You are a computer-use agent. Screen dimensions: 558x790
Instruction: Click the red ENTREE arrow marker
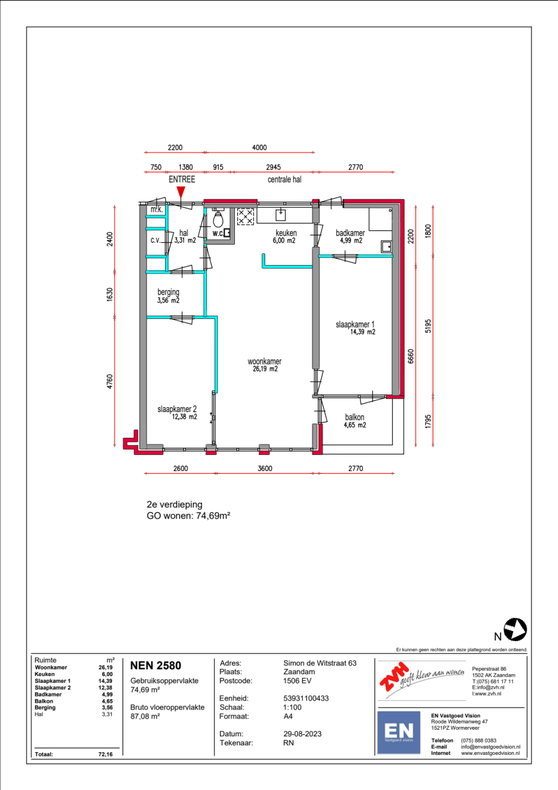(181, 192)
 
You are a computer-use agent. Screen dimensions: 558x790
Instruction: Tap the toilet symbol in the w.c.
(218, 219)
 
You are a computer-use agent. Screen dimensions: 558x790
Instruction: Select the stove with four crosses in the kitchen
(246, 217)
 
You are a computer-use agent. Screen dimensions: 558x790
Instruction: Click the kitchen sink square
(281, 215)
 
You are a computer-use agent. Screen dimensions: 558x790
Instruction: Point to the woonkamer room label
(264, 361)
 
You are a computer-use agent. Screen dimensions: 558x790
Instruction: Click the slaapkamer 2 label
(177, 409)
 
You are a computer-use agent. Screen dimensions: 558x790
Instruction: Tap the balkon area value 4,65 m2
(355, 425)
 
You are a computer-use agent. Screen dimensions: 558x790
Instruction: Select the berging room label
(168, 292)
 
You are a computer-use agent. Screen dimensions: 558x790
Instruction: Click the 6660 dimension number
(411, 356)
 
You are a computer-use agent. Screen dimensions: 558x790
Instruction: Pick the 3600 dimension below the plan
(264, 468)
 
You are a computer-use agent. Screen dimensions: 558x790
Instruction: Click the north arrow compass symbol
(515, 629)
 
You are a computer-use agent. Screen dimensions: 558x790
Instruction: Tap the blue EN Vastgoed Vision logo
(398, 732)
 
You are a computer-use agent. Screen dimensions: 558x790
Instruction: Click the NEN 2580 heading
(156, 665)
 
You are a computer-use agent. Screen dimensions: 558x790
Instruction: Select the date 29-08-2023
(302, 734)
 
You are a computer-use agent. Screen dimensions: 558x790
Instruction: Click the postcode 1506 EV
(297, 681)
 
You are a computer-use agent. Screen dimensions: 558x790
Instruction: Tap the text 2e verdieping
(175, 504)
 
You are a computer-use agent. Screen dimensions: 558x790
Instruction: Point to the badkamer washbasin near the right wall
(387, 247)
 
